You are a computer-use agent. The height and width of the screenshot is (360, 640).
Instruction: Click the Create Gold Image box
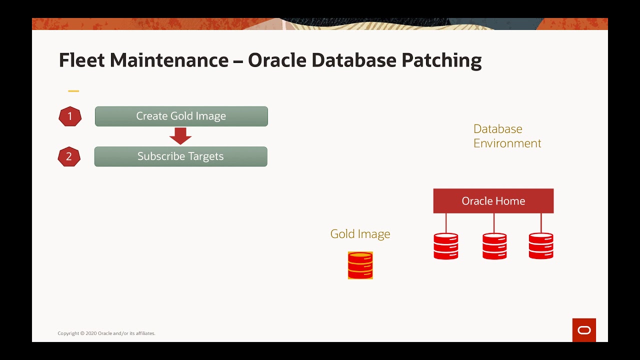pyautogui.click(x=181, y=116)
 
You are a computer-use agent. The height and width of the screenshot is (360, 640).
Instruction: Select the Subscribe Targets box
pyautogui.click(x=180, y=156)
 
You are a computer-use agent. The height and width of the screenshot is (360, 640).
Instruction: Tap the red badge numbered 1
pyautogui.click(x=70, y=116)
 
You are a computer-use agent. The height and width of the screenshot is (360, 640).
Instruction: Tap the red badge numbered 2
pyautogui.click(x=69, y=156)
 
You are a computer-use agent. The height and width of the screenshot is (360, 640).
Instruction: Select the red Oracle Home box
pyautogui.click(x=493, y=201)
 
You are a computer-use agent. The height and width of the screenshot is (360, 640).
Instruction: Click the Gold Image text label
pyautogui.click(x=360, y=234)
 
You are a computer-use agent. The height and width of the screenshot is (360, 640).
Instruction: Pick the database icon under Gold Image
pyautogui.click(x=360, y=265)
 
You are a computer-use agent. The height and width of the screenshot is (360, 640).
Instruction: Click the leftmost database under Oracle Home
pyautogui.click(x=445, y=246)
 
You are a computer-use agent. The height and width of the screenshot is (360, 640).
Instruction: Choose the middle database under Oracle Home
pyautogui.click(x=494, y=246)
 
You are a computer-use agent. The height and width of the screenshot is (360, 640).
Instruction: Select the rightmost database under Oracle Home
pyautogui.click(x=541, y=246)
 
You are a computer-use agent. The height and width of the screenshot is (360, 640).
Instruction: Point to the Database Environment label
pyautogui.click(x=506, y=136)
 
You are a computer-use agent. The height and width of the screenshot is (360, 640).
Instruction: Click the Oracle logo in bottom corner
pyautogui.click(x=584, y=330)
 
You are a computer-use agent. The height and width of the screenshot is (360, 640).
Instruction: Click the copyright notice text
pyautogui.click(x=106, y=333)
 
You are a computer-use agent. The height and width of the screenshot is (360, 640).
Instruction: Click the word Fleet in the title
pyautogui.click(x=81, y=60)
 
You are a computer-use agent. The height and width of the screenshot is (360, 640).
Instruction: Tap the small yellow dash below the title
pyautogui.click(x=73, y=91)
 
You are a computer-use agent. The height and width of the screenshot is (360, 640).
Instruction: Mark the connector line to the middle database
pyautogui.click(x=494, y=223)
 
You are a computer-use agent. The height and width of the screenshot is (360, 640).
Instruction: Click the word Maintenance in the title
pyautogui.click(x=169, y=60)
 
